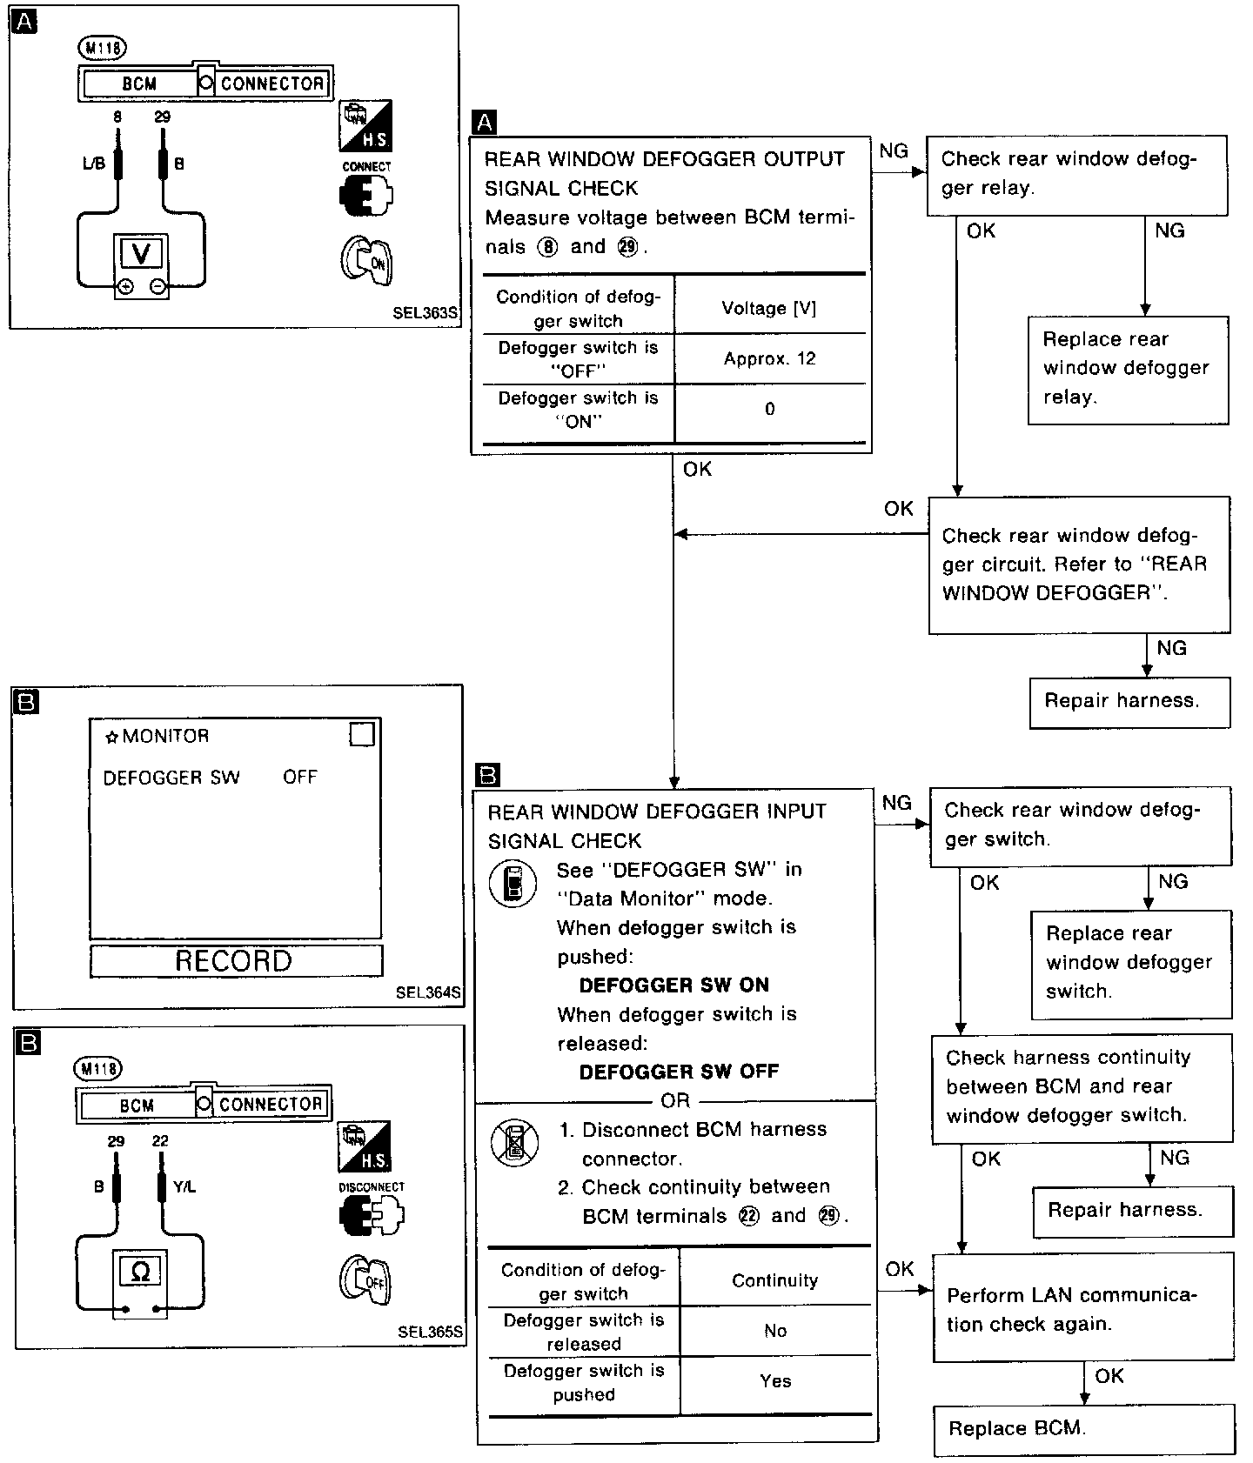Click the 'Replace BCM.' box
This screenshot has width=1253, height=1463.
tap(1083, 1429)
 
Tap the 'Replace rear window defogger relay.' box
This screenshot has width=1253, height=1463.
tap(1128, 369)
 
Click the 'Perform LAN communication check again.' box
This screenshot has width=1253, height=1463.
tap(1082, 1309)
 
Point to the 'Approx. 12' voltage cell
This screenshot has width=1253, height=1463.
tap(769, 358)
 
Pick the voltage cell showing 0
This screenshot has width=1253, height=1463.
tap(769, 409)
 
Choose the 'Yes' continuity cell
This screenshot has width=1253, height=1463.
tap(774, 1381)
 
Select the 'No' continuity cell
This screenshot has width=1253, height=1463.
tap(774, 1331)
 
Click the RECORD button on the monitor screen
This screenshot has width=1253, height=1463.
tap(235, 961)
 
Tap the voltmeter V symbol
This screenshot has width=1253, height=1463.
tap(141, 254)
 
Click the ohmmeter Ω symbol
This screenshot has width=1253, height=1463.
tap(139, 1273)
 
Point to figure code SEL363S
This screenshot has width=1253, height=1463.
tap(425, 313)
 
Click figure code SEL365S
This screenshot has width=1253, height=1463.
tap(430, 1332)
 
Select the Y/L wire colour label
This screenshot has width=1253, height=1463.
tap(184, 1186)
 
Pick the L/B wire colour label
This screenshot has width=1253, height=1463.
tap(93, 164)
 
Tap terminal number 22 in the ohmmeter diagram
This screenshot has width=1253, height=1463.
tap(160, 1141)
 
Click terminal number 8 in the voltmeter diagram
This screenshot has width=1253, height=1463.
tap(117, 117)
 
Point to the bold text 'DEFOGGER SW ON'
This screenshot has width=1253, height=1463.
tap(673, 985)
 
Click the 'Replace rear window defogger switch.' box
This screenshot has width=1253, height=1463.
tap(1130, 963)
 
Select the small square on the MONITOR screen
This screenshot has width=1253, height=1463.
tap(361, 734)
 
